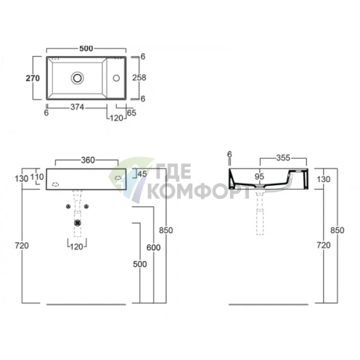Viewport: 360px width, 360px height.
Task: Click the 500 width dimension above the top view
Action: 86,48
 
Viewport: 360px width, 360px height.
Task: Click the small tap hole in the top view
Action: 119,75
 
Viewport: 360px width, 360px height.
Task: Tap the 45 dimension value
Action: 142,173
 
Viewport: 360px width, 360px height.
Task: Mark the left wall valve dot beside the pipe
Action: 67,207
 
